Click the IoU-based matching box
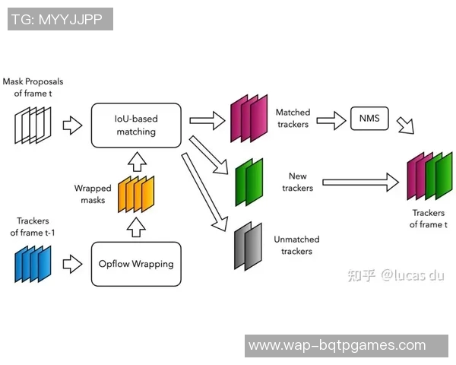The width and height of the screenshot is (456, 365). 136,125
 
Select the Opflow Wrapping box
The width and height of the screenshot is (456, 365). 136,264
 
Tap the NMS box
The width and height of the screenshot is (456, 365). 369,119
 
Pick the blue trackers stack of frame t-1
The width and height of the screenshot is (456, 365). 33,264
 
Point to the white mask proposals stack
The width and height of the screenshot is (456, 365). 33,125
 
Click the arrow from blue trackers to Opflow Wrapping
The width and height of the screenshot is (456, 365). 71,264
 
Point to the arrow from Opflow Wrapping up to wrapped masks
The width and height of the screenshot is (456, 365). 135,227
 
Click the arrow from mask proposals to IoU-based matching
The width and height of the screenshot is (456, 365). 71,125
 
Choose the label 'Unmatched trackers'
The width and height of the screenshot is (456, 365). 296,246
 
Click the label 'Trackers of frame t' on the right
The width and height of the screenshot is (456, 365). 428,218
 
